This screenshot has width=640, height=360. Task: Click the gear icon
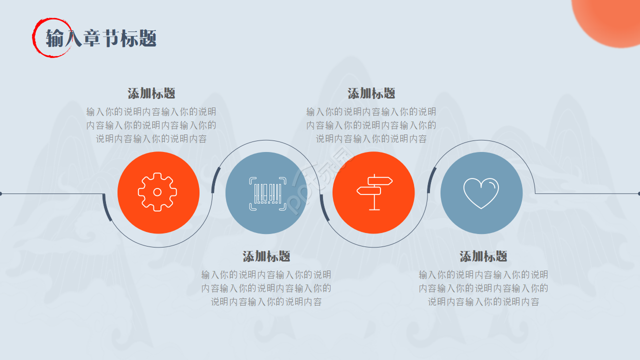pos(157,192)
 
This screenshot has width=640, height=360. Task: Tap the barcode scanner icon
pos(267,192)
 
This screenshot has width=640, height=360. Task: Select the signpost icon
pos(374,192)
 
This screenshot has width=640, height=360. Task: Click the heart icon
pos(481,193)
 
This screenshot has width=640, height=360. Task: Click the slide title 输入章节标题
pos(101,38)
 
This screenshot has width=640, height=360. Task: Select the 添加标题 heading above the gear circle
pos(151,93)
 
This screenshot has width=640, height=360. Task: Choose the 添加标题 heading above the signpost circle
pos(371,93)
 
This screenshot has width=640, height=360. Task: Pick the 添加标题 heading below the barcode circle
pos(266,256)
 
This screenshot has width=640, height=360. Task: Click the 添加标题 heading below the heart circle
pos(483,256)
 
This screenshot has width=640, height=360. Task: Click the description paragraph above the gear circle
pos(151,125)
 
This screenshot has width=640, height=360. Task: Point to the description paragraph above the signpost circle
pos(371,125)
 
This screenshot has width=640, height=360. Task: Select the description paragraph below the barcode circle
pos(266,288)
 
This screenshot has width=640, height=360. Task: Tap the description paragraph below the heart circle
pos(483,288)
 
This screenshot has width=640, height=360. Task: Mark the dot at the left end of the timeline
pos(1,193)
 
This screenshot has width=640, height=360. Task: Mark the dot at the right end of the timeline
pos(638,193)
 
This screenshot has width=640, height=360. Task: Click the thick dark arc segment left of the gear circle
pos(106,207)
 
